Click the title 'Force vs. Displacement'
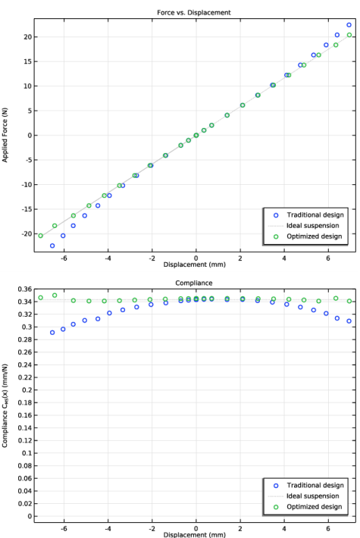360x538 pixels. (x=196, y=12)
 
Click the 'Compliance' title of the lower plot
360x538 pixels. (x=196, y=283)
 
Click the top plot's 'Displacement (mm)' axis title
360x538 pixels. (x=196, y=264)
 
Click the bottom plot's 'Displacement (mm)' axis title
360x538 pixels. (x=196, y=533)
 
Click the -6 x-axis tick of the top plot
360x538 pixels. (x=64, y=257)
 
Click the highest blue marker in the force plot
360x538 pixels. (x=349, y=25)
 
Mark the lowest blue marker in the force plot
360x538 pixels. (x=52, y=246)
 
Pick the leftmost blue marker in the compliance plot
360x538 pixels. (x=52, y=332)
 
